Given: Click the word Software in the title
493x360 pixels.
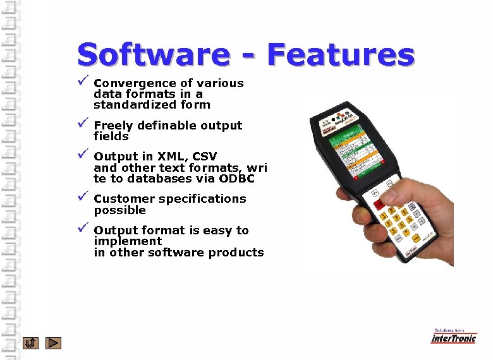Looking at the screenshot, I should (x=152, y=56).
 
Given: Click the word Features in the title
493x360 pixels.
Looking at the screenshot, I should (x=341, y=55).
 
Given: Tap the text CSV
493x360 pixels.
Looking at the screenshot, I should (x=204, y=157).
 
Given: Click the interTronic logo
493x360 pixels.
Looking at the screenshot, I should (x=453, y=337).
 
